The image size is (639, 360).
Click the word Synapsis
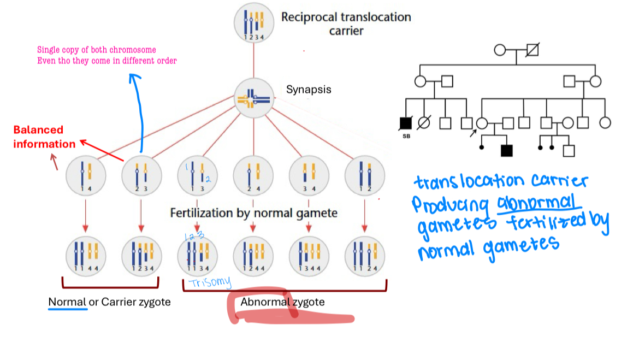coord(309,89)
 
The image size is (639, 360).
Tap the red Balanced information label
coord(44,137)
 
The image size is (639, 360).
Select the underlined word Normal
coord(67,302)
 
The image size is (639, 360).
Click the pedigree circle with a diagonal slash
coord(422,123)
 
